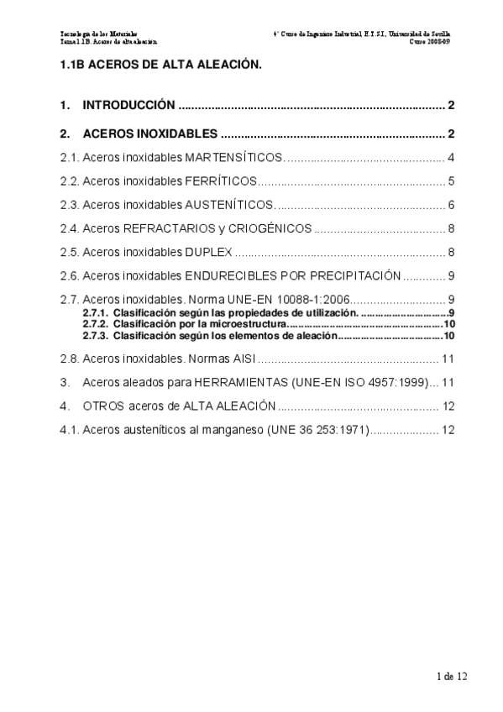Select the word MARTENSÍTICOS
coord(235,158)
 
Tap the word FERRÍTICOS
coord(221,181)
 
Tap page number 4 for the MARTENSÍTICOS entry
coord(451,158)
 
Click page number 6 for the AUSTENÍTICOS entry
coord(451,205)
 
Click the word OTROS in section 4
coord(105,406)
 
